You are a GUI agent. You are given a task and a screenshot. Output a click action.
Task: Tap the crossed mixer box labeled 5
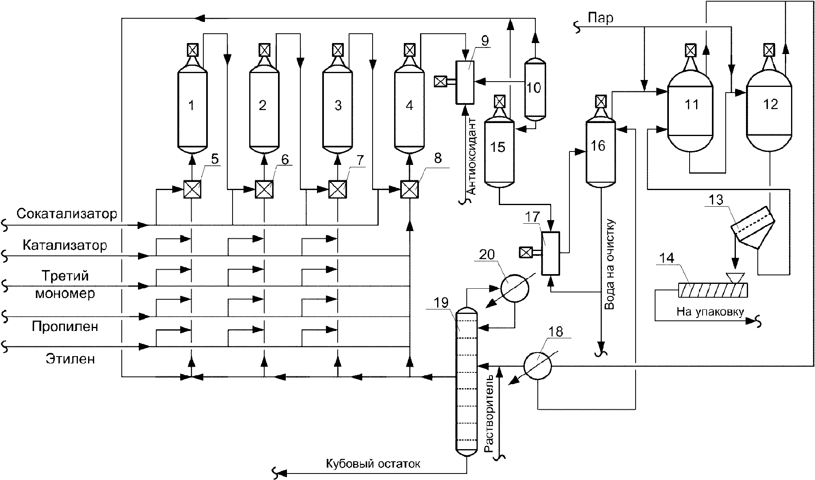click(x=192, y=189)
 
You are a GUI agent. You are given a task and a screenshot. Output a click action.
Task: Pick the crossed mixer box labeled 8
click(x=410, y=189)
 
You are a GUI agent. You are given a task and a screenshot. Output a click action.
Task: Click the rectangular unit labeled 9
click(x=465, y=82)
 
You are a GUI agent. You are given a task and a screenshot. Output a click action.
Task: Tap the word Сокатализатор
click(x=67, y=214)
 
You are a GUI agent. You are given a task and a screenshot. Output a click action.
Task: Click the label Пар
click(x=601, y=18)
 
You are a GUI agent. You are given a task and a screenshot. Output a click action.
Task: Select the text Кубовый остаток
click(x=373, y=464)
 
